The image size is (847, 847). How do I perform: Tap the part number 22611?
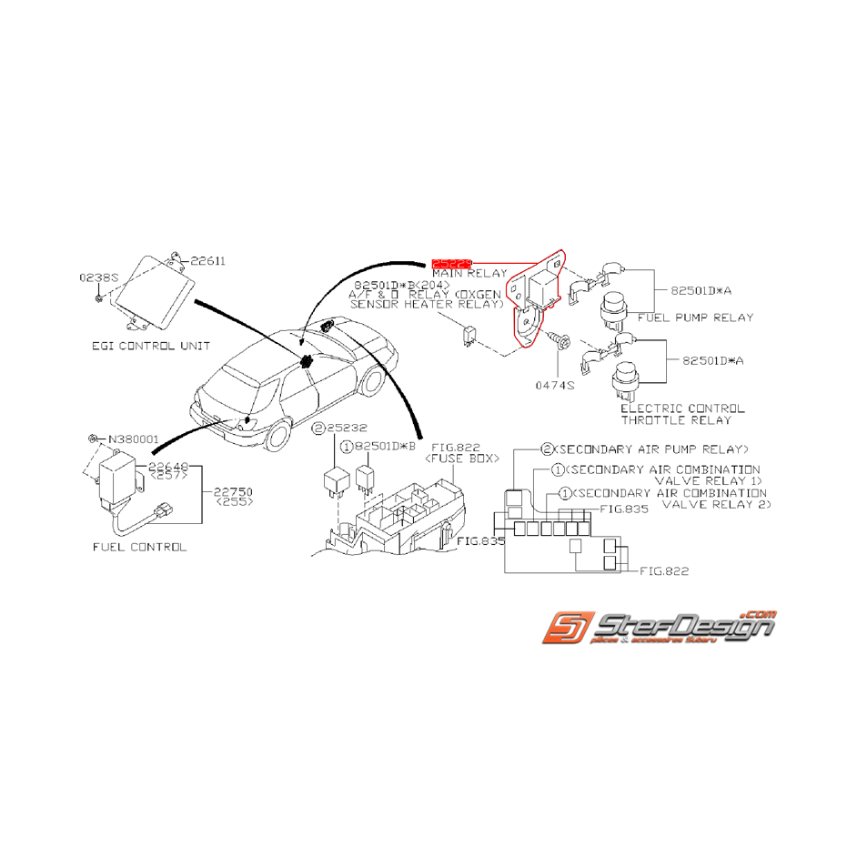[x=208, y=261]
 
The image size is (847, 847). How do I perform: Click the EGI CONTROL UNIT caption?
[x=151, y=346]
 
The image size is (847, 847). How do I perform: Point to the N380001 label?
[x=132, y=439]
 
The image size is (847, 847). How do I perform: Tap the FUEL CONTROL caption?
[x=139, y=548]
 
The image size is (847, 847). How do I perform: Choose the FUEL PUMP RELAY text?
[x=695, y=318]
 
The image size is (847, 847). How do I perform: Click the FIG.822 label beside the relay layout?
[x=663, y=571]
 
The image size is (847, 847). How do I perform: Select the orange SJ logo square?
[x=565, y=630]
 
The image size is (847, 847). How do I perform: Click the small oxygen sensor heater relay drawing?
[x=468, y=334]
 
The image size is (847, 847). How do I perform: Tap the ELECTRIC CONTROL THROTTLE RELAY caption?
[x=681, y=414]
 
